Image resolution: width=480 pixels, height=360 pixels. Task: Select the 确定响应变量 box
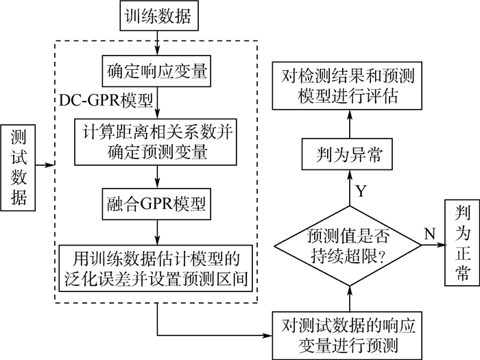[x=159, y=71]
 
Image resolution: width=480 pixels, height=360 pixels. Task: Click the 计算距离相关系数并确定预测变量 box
[x=159, y=141]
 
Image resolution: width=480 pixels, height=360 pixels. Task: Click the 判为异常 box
[x=348, y=158]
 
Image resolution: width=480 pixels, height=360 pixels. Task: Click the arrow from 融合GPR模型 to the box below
[x=159, y=232]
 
